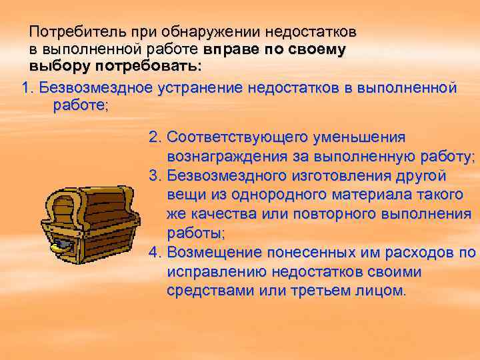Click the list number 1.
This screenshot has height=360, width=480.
[27, 89]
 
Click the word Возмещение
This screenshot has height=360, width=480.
[214, 253]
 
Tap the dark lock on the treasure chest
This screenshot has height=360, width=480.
[61, 245]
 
